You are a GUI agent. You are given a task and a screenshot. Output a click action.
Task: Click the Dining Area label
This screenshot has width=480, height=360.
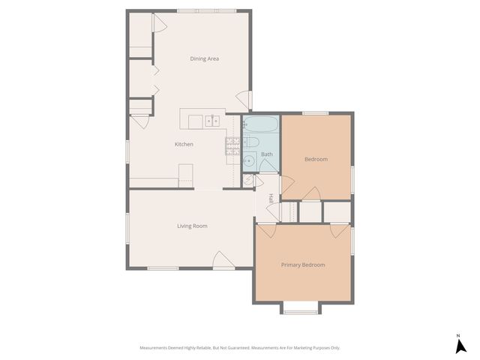204,58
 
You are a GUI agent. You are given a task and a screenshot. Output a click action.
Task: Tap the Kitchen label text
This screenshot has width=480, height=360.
184,144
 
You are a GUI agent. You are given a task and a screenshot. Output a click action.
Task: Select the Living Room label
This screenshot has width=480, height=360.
192,226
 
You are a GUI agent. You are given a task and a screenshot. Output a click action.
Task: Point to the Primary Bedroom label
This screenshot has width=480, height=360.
303,265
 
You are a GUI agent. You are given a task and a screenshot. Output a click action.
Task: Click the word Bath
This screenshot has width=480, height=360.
266,154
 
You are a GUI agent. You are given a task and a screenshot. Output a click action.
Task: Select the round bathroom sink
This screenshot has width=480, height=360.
249,158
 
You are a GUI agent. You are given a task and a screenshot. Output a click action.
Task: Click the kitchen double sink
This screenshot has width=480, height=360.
213,120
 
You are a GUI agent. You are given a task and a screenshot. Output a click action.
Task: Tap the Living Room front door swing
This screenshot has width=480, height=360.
223,259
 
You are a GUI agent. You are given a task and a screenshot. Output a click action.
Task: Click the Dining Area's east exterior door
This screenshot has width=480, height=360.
244,99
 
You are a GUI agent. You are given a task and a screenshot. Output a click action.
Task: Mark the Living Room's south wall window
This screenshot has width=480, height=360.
163,268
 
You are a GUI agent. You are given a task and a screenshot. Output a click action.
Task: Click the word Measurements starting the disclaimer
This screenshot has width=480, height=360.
156,348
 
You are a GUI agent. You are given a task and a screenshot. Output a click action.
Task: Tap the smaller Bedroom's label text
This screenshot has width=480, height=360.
316,159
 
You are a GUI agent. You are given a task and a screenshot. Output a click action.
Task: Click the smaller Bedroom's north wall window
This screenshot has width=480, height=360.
315,113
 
